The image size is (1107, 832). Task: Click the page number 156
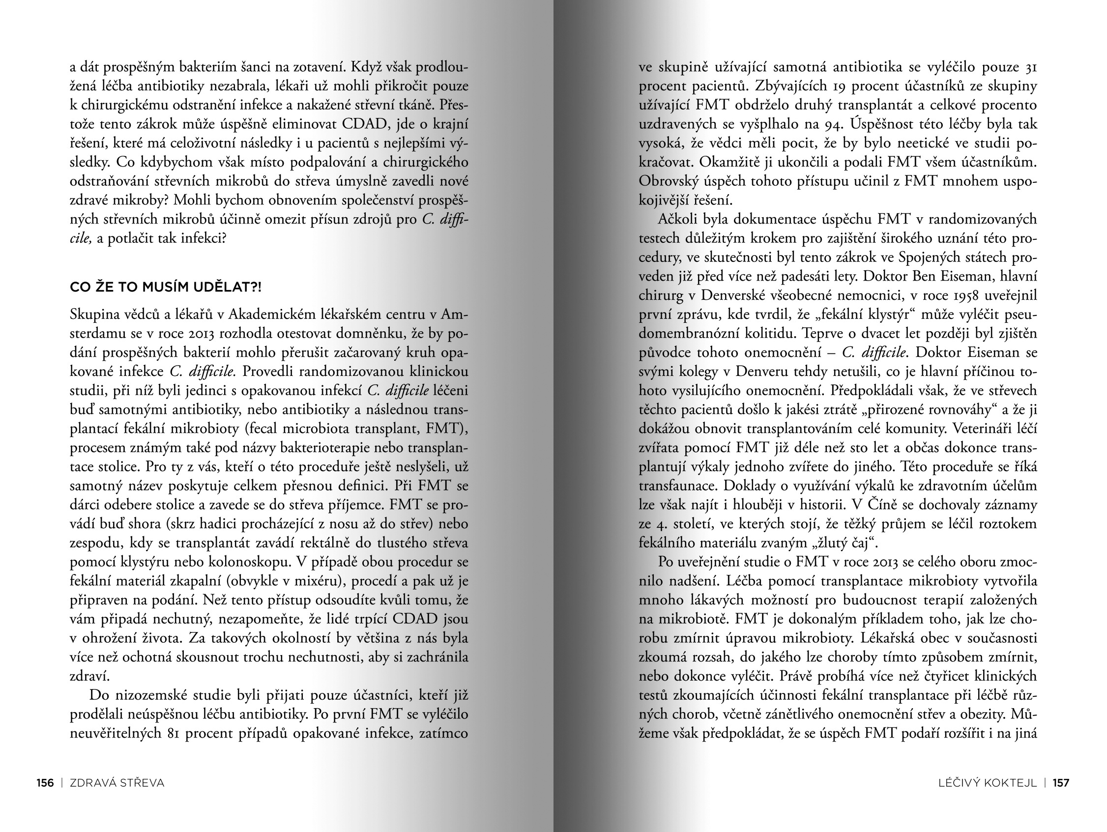pyautogui.click(x=45, y=783)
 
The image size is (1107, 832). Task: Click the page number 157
pyautogui.click(x=1061, y=783)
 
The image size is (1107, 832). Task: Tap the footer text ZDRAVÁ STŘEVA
pyautogui.click(x=117, y=783)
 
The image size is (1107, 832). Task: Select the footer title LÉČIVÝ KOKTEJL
pyautogui.click(x=988, y=783)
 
